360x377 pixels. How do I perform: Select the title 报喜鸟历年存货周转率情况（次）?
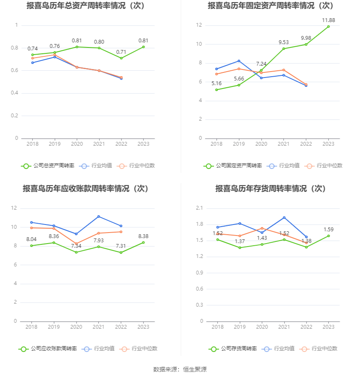click(271, 189)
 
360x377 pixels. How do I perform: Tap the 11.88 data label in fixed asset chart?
click(329, 20)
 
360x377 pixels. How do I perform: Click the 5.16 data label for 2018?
click(216, 83)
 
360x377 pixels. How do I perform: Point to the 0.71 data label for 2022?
click(121, 52)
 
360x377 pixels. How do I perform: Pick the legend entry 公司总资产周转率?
click(48, 166)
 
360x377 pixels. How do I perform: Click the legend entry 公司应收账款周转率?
click(48, 349)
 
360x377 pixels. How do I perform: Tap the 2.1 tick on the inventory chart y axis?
click(199, 208)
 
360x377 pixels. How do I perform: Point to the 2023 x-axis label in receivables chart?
click(144, 327)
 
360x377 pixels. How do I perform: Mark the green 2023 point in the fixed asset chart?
click(328, 27)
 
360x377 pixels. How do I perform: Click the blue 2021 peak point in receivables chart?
click(99, 216)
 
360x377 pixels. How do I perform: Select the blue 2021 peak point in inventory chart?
click(284, 217)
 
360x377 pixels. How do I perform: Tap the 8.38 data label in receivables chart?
click(144, 236)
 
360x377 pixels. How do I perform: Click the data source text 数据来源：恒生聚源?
click(180, 369)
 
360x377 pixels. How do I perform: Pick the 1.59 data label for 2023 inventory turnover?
click(329, 230)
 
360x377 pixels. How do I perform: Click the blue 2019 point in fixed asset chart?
click(239, 61)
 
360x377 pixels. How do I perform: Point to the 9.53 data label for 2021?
click(284, 42)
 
